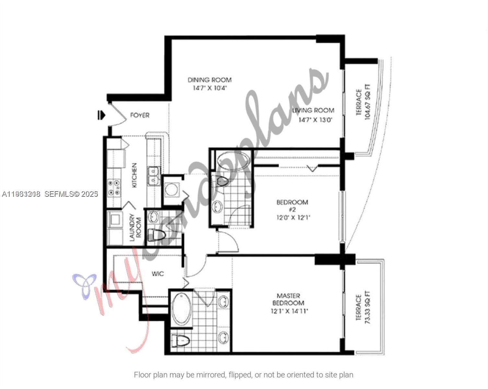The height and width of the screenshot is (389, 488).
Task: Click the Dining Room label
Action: pyautogui.click(x=210, y=80)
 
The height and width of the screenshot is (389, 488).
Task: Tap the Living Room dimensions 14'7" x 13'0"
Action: pyautogui.click(x=315, y=120)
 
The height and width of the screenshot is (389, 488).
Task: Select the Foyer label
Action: pyautogui.click(x=140, y=115)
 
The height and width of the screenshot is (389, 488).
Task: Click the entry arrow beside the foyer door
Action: pyautogui.click(x=101, y=115)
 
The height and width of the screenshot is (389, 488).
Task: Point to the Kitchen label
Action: pyautogui.click(x=134, y=175)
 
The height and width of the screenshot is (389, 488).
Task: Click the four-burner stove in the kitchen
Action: pyautogui.click(x=114, y=188)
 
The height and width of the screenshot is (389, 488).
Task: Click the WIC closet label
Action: pyautogui.click(x=158, y=274)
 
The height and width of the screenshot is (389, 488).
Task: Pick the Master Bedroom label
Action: pyautogui.click(x=288, y=299)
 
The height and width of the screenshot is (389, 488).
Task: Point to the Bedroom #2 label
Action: pyautogui.click(x=292, y=206)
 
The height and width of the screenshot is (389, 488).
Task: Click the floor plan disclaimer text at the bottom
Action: pyautogui.click(x=243, y=375)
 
